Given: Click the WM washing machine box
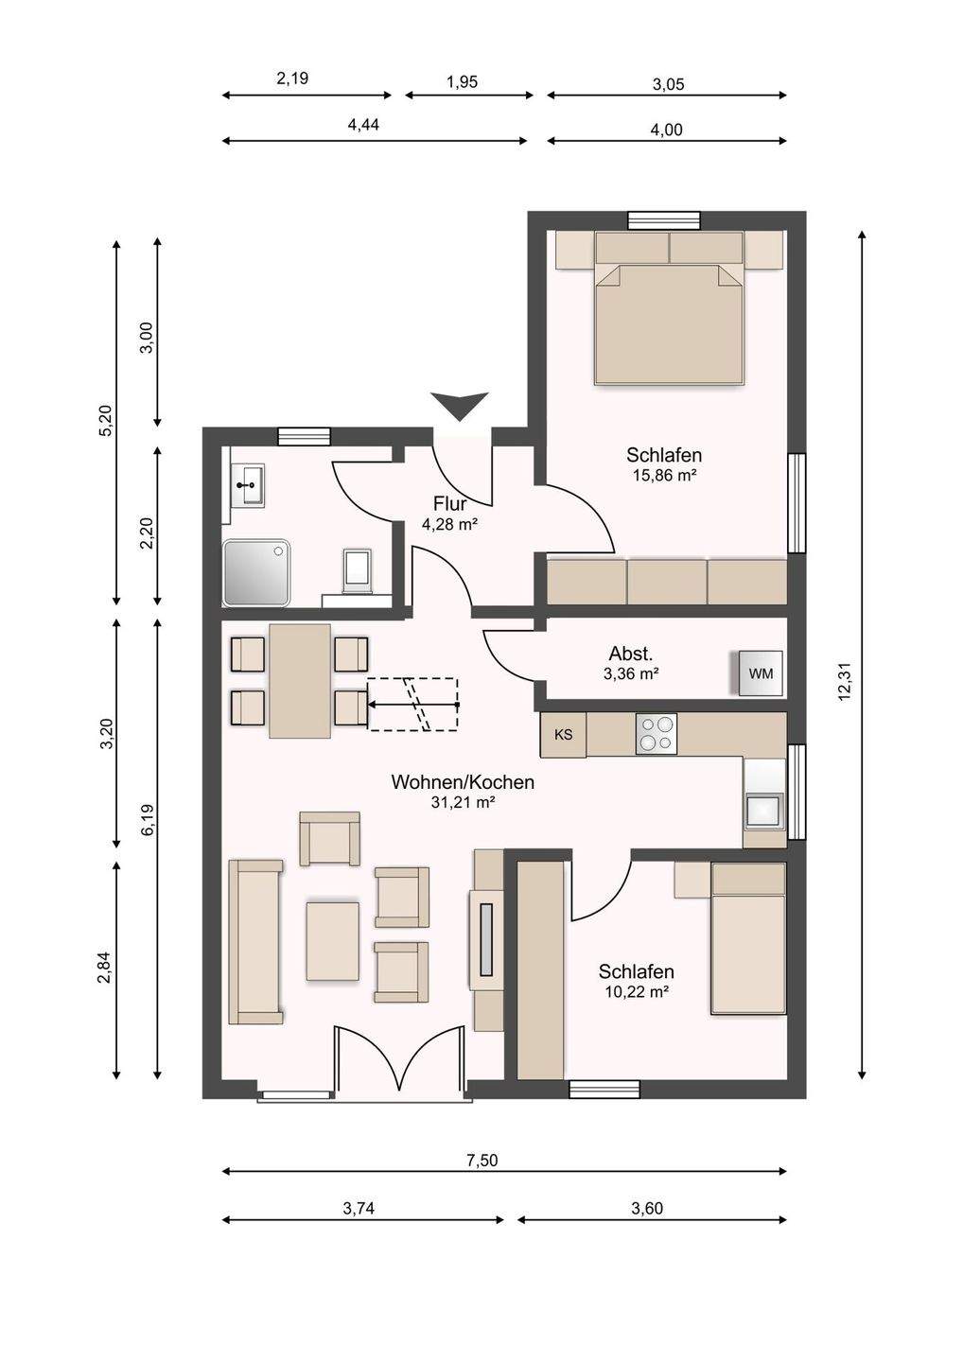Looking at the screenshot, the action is click(x=761, y=673).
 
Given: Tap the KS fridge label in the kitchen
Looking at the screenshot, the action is click(x=564, y=735).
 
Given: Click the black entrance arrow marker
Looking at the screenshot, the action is click(x=461, y=406).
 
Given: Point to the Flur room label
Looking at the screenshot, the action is click(x=450, y=503).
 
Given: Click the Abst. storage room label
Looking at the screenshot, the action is click(x=631, y=655).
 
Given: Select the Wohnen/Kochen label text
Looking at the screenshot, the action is click(x=463, y=782).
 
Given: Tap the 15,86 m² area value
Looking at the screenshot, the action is click(x=664, y=476).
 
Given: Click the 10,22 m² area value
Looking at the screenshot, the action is click(x=638, y=992).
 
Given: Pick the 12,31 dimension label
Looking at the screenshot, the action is click(x=843, y=682).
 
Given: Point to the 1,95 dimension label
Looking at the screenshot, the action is click(x=462, y=81).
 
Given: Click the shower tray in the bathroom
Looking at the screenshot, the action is click(x=256, y=573).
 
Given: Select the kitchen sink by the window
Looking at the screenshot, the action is click(x=764, y=811).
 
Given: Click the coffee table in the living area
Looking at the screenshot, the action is click(x=333, y=940).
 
